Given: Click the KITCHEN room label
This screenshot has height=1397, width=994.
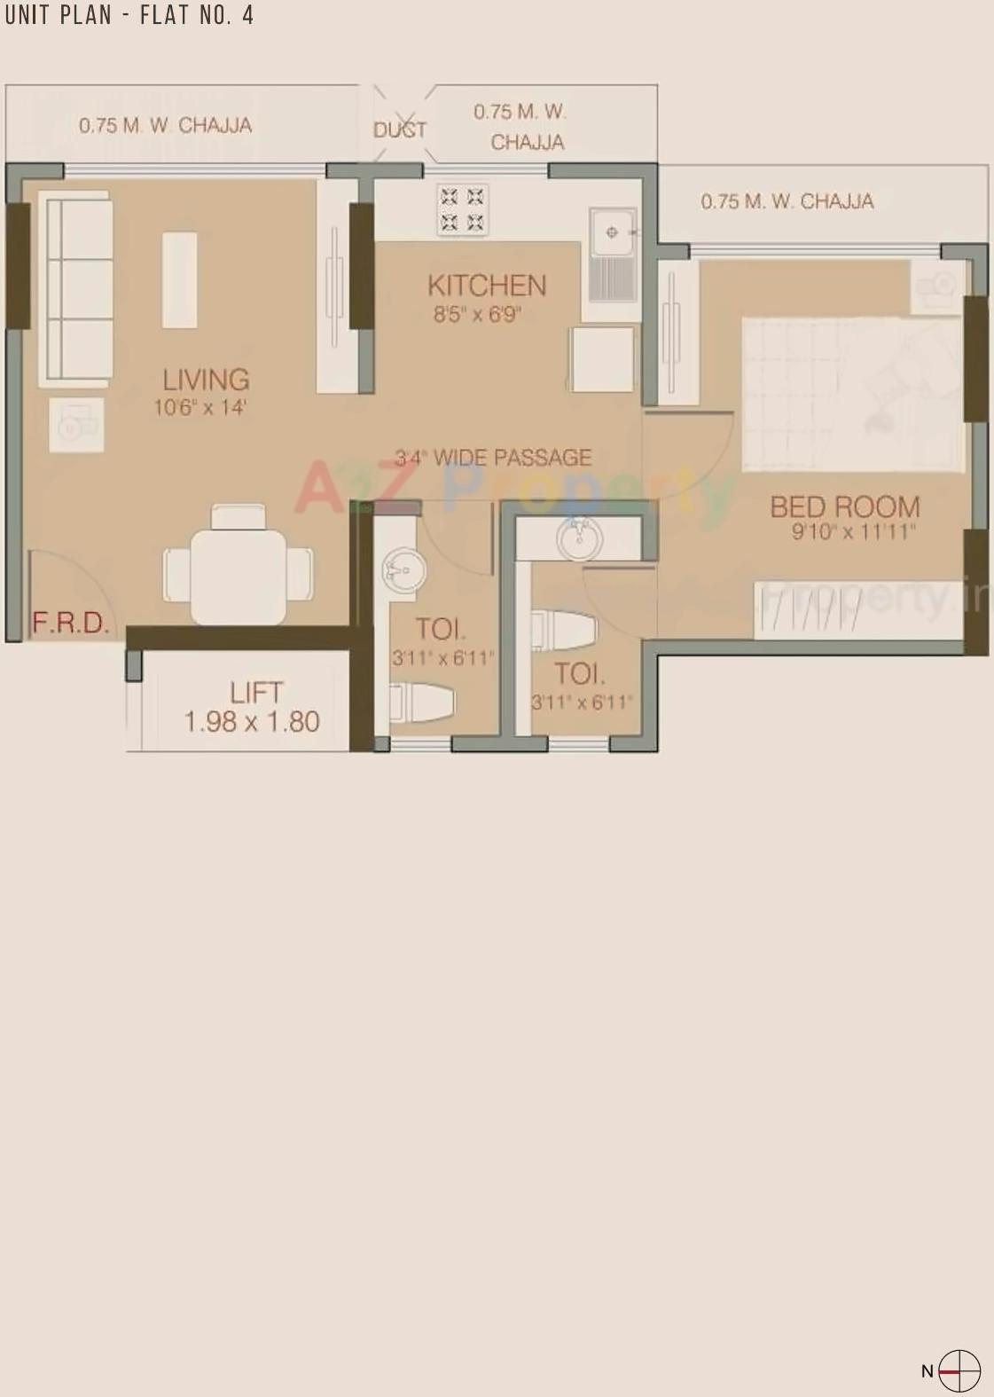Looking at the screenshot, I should click(486, 286).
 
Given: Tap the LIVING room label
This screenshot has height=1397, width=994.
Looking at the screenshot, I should click(206, 380).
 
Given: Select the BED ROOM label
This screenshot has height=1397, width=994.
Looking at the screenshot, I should click(844, 506).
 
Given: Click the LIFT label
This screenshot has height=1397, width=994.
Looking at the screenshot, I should click(255, 692).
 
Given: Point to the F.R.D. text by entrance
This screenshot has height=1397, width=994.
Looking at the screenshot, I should click(70, 623).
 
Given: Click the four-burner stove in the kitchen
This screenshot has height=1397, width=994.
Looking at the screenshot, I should click(462, 209).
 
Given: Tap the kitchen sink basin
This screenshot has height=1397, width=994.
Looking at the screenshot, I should click(612, 232).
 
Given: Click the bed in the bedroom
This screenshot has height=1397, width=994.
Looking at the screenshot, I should click(851, 394).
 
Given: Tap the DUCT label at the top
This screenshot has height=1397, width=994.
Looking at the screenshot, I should click(400, 129).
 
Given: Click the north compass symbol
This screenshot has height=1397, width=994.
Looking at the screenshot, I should click(959, 1370).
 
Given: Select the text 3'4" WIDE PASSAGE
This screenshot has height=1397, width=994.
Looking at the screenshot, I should click(493, 458).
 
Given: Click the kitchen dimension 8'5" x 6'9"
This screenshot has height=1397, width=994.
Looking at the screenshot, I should click(476, 314).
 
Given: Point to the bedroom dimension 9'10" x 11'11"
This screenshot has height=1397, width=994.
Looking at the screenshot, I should click(853, 532).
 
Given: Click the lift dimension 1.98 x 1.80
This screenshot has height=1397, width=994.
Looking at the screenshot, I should click(252, 722).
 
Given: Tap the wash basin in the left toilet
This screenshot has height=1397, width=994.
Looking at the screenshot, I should click(403, 569).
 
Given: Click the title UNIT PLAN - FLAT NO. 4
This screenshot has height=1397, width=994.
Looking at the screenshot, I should click(129, 15).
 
